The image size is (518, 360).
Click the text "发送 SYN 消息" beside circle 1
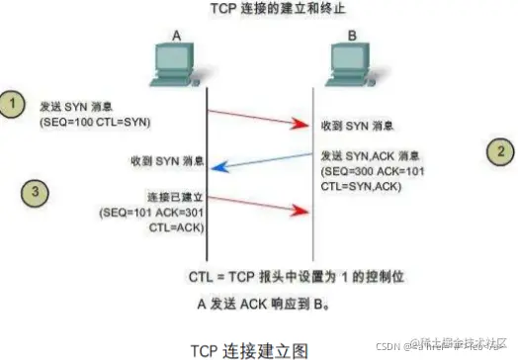[76, 106]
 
